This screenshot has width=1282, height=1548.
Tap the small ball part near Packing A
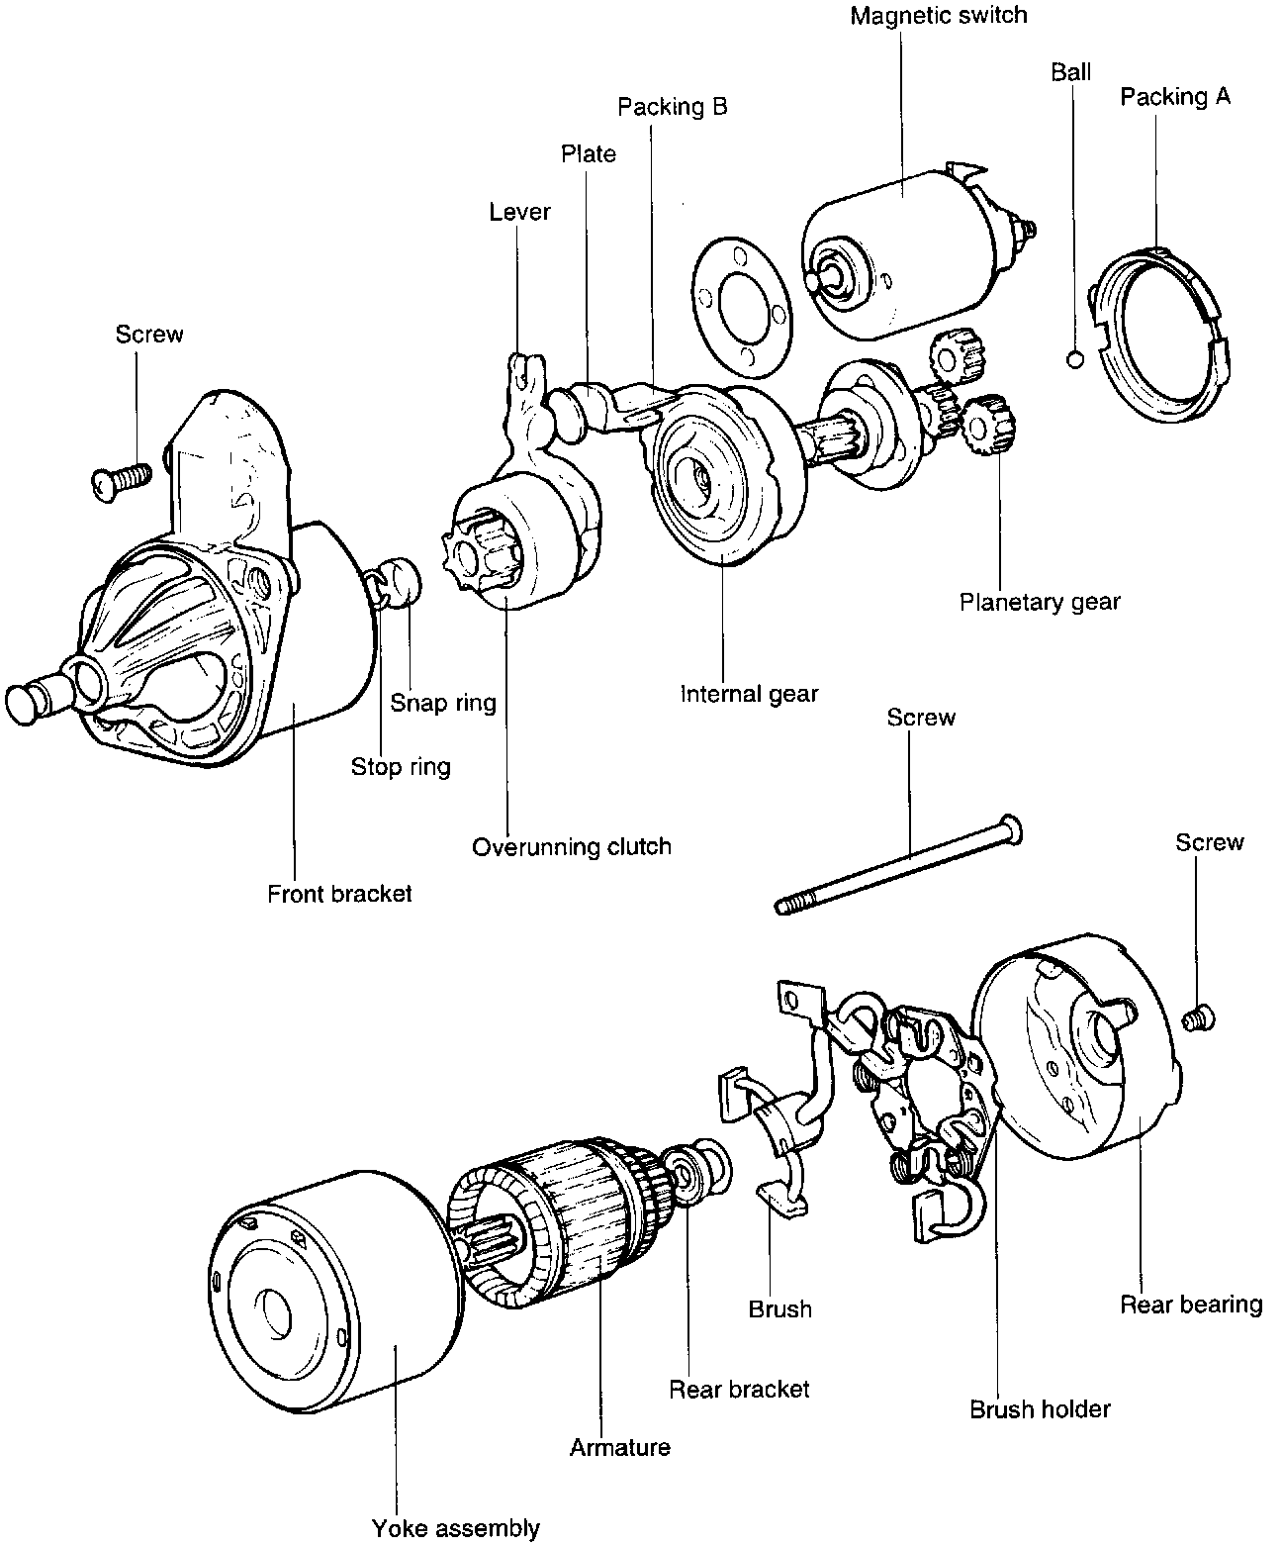pyautogui.click(x=1076, y=359)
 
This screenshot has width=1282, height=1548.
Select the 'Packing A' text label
pyautogui.click(x=1175, y=97)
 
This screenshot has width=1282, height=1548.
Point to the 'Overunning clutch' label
pyautogui.click(x=571, y=847)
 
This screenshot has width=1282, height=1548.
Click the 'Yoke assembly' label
pyautogui.click(x=456, y=1528)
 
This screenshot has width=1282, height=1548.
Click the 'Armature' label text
pyautogui.click(x=620, y=1448)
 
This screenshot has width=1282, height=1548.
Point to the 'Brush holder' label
pyautogui.click(x=1040, y=1409)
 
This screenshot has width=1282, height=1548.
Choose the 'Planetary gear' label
pyautogui.click(x=1040, y=602)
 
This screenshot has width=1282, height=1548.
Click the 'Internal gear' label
pyautogui.click(x=749, y=694)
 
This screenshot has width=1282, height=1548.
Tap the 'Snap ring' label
pyautogui.click(x=442, y=703)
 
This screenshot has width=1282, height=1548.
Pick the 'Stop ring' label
pyautogui.click(x=401, y=766)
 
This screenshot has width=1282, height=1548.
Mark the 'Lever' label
pyautogui.click(x=519, y=212)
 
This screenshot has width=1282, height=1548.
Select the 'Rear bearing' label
pyautogui.click(x=1191, y=1305)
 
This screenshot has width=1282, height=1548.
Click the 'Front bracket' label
pyautogui.click(x=339, y=894)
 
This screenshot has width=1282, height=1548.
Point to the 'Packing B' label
pyautogui.click(x=673, y=107)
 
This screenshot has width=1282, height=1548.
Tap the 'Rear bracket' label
pyautogui.click(x=739, y=1390)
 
